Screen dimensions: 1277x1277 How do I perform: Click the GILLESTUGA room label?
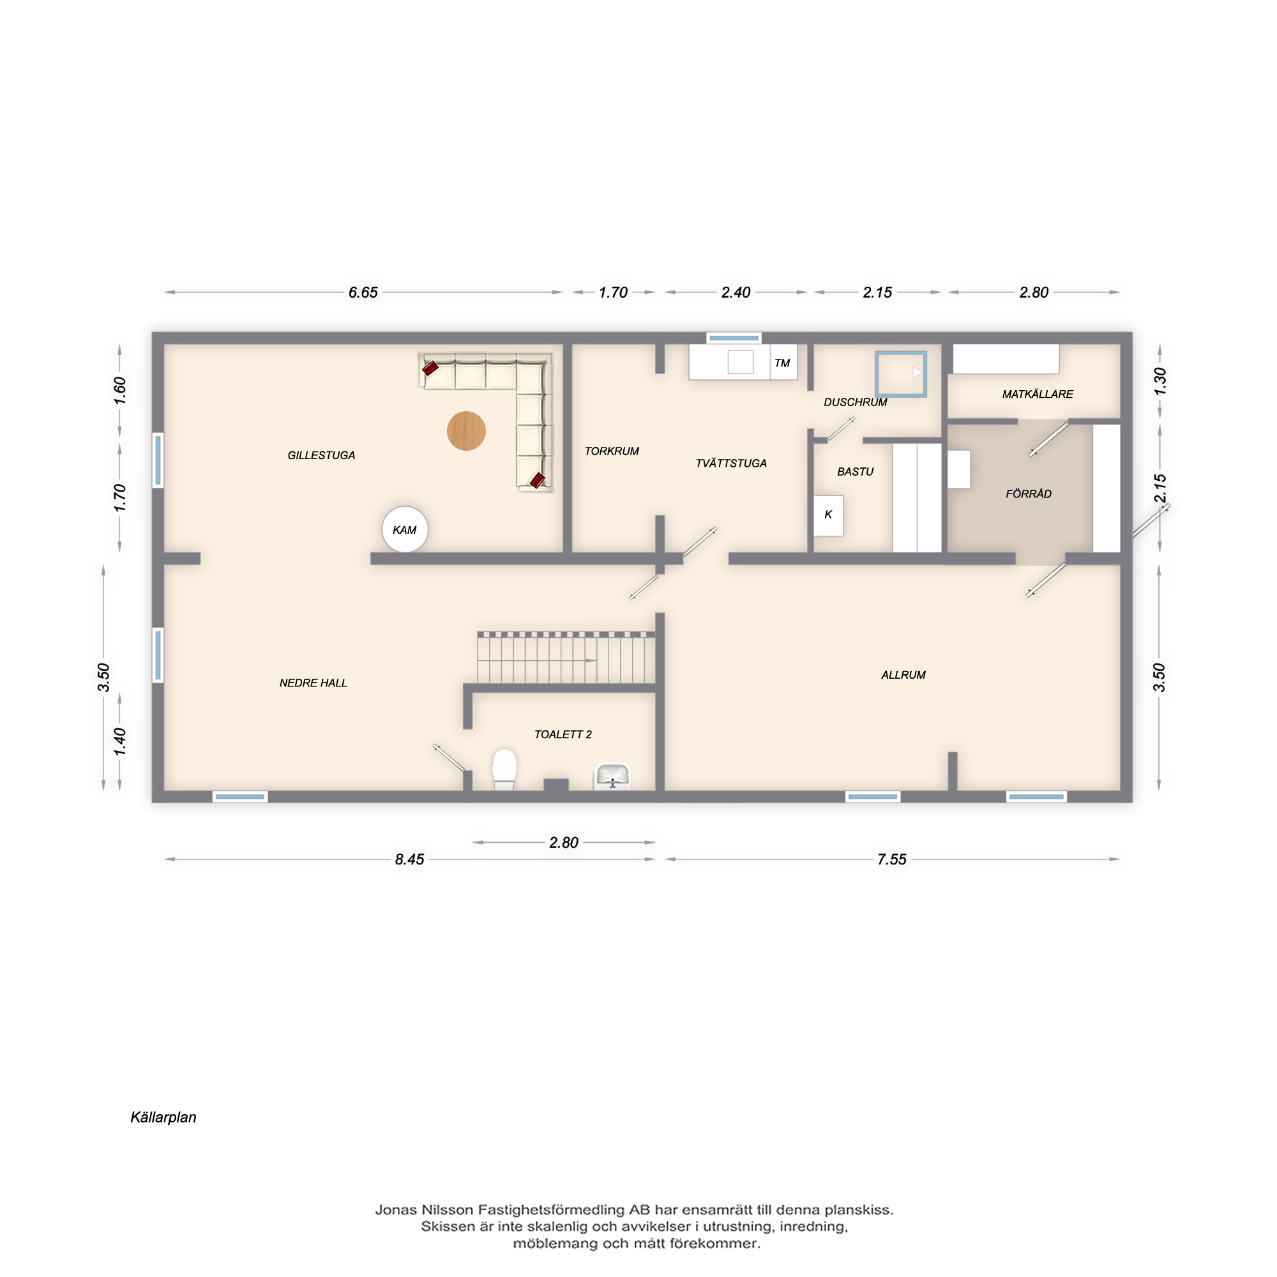pyautogui.click(x=321, y=455)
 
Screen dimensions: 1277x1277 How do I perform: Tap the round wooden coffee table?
pyautogui.click(x=466, y=431)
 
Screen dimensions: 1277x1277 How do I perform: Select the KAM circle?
pyautogui.click(x=405, y=529)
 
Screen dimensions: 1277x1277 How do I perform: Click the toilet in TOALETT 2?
pyautogui.click(x=504, y=769)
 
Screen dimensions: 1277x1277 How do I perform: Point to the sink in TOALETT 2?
pyautogui.click(x=613, y=776)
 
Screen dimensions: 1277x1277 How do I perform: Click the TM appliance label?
pyautogui.click(x=782, y=363)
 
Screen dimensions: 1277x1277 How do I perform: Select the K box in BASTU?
pyautogui.click(x=828, y=515)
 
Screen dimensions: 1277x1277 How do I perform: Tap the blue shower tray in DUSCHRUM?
pyautogui.click(x=901, y=374)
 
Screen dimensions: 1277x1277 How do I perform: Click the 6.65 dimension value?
pyautogui.click(x=363, y=292)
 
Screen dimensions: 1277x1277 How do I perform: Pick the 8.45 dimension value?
pyautogui.click(x=409, y=859)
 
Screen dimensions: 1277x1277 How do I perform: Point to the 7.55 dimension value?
pyautogui.click(x=891, y=859)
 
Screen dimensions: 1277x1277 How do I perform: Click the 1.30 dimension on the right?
pyautogui.click(x=1160, y=381)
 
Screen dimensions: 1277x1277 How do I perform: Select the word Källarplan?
pyautogui.click(x=163, y=1117)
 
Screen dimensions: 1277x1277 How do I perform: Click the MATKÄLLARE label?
pyautogui.click(x=1038, y=394)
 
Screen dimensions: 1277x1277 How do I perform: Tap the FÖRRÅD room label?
pyautogui.click(x=1029, y=494)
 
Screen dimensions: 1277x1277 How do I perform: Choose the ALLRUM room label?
pyautogui.click(x=903, y=675)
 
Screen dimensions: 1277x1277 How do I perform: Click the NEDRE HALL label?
pyautogui.click(x=314, y=683)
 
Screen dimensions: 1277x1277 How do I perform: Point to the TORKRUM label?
pyautogui.click(x=612, y=451)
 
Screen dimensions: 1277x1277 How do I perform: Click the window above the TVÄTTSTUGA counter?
pyautogui.click(x=734, y=338)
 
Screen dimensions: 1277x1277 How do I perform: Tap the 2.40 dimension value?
pyautogui.click(x=736, y=292)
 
